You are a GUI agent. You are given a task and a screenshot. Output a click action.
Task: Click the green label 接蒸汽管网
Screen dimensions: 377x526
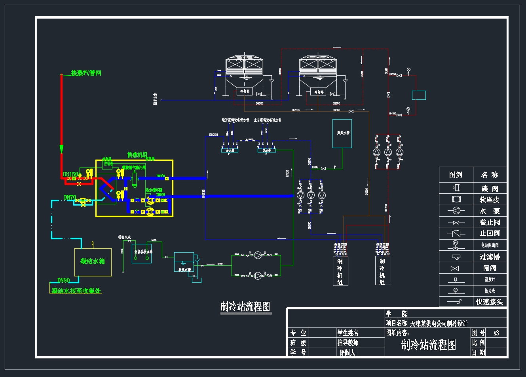86,73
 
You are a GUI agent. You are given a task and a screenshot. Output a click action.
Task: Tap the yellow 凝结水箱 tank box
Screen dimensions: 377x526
93,262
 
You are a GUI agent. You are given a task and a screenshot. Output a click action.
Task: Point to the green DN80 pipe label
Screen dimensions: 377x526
63,280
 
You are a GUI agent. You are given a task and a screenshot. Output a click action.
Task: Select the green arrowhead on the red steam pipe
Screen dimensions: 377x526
61,149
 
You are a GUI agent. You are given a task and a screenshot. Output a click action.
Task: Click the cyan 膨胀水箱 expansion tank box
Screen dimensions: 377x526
342,133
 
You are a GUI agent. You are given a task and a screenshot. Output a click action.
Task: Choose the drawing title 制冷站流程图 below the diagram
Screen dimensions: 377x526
245,307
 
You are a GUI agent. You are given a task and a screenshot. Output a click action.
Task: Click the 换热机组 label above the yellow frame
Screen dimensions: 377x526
137,155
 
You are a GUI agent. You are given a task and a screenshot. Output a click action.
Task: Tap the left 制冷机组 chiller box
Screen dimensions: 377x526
340,271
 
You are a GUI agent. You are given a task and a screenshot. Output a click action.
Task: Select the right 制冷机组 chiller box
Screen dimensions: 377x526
382,271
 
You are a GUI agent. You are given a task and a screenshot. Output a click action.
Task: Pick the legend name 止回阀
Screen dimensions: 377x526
490,233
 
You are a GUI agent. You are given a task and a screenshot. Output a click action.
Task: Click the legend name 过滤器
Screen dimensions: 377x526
490,257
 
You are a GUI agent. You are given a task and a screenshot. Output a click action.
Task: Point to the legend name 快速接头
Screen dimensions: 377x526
490,302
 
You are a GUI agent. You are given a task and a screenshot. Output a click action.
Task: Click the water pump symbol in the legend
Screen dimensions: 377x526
456,211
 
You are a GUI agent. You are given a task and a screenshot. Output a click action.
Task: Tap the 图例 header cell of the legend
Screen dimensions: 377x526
456,175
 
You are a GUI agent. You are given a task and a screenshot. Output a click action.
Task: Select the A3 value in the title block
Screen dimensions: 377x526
496,333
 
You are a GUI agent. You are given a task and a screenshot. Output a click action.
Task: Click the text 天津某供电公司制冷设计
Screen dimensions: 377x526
439,324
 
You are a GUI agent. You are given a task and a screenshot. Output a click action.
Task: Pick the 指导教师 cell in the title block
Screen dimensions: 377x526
348,343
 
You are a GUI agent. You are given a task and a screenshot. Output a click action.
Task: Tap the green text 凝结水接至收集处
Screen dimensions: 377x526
76,291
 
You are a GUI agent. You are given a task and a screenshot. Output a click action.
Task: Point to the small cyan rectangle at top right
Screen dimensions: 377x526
419,95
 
